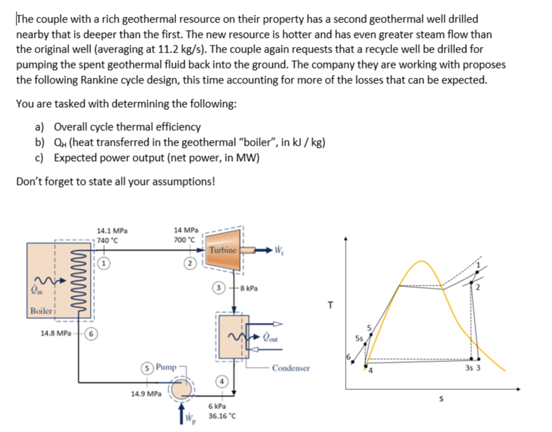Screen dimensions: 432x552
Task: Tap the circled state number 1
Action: click(105, 263)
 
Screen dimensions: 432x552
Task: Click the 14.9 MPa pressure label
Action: click(146, 394)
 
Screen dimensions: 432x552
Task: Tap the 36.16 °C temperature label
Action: click(221, 416)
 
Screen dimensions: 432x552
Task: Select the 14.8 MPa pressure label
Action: click(55, 333)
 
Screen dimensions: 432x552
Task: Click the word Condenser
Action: click(291, 368)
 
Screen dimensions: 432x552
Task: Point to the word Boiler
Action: click(42, 311)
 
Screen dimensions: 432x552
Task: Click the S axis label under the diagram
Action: click(443, 399)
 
